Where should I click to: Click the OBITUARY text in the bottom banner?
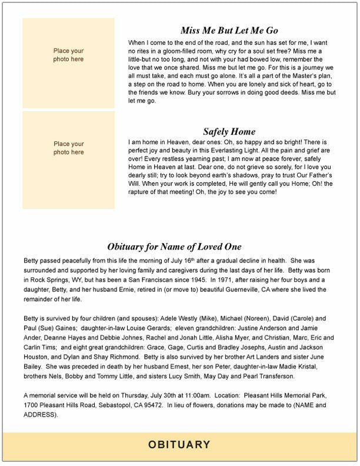(179, 444)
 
